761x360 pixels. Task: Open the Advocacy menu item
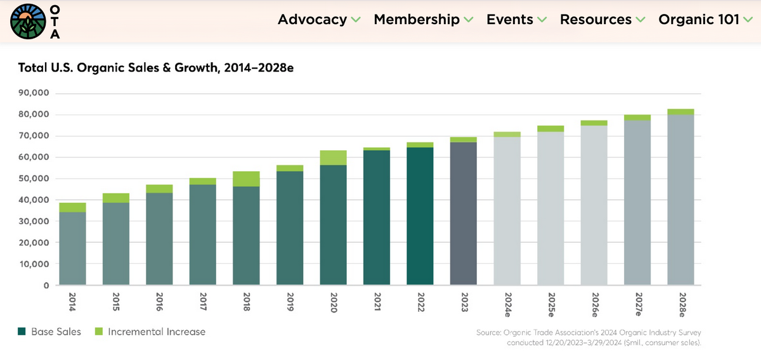coord(312,20)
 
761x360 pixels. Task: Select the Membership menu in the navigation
coord(417,20)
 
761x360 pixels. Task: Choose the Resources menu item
coord(595,20)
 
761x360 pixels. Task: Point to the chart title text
coord(155,68)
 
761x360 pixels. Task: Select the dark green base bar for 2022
coord(420,216)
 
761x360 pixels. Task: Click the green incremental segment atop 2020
coord(333,158)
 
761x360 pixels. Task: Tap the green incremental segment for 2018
coord(246,179)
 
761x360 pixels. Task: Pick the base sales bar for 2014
coord(72,248)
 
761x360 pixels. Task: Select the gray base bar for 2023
coord(463,214)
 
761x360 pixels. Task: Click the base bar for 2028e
coord(680,200)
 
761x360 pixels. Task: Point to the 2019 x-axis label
coord(290,300)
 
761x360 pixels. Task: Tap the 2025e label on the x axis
coord(550,304)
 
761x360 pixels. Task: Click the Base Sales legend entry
coord(50,331)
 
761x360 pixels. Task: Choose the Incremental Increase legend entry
coord(150,331)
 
